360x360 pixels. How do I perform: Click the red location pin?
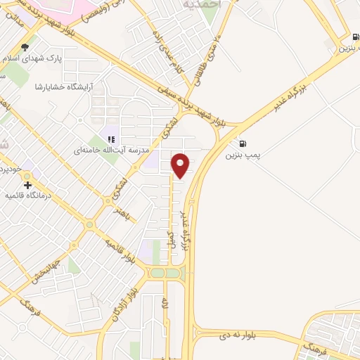[x=181, y=165]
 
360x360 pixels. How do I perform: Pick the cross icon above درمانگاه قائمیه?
[x=27, y=184]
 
